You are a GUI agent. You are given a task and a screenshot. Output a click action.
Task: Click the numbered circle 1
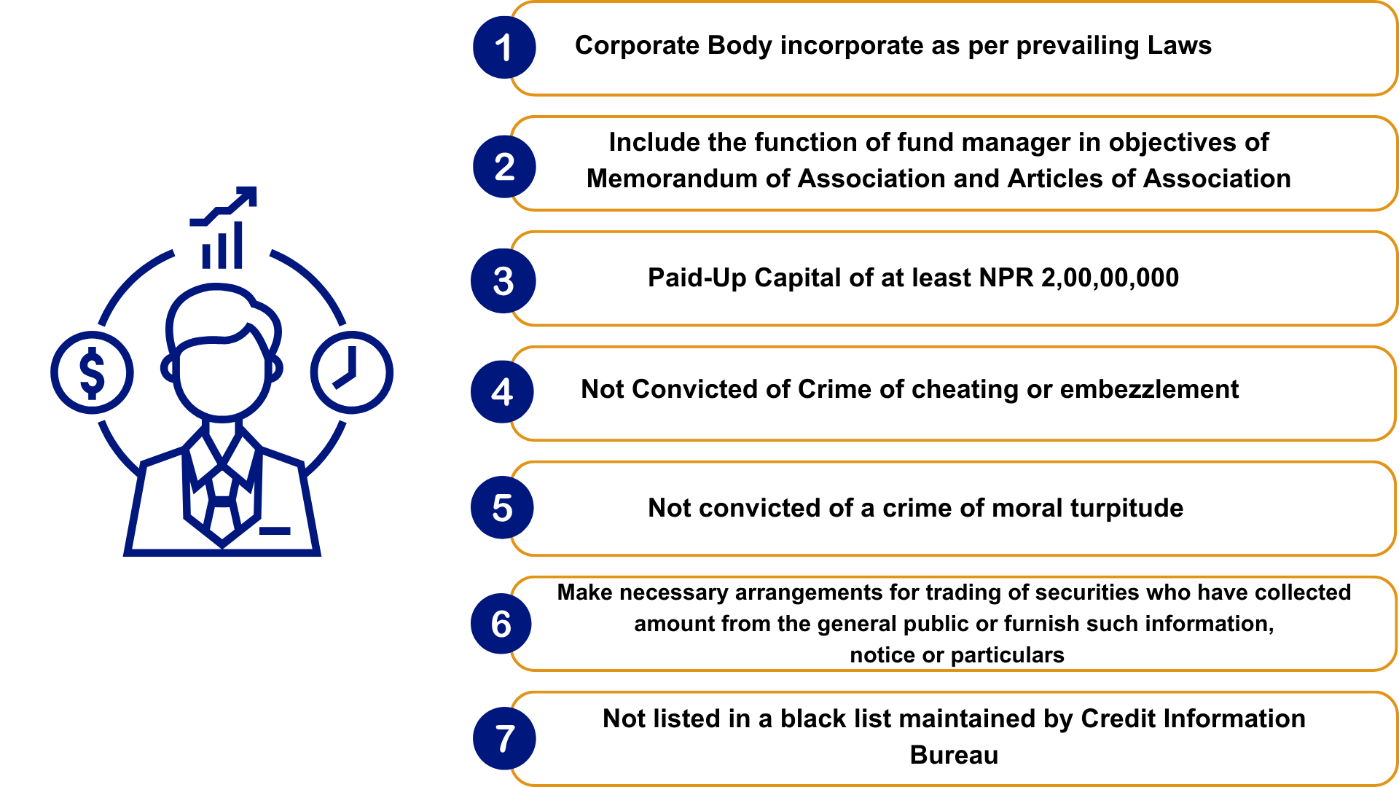(503, 47)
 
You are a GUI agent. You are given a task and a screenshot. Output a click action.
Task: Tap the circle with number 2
(503, 166)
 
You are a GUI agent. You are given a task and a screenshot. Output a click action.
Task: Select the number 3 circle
(503, 281)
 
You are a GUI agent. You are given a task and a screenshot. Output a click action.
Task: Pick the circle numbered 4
(502, 392)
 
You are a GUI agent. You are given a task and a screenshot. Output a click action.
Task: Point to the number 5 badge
(502, 508)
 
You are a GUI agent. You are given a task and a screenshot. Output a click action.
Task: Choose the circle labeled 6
(501, 624)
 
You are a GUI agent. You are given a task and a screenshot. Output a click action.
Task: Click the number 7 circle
(504, 738)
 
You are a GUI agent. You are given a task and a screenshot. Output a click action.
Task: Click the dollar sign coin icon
(92, 373)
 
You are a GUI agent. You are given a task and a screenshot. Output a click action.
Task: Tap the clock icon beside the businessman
(351, 373)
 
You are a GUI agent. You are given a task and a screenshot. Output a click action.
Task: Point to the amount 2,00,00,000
(1110, 278)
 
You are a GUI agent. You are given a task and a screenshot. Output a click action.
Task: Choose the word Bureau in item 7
(954, 755)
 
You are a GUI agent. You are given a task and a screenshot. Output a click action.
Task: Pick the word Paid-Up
(697, 278)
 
